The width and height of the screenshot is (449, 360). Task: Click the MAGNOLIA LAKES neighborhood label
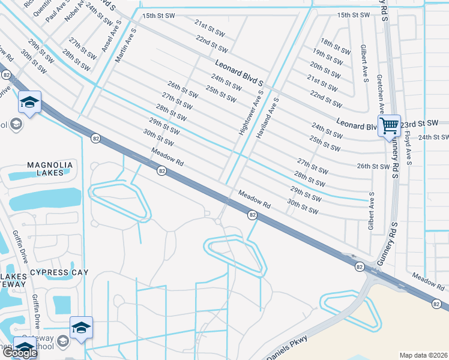click(x=50, y=169)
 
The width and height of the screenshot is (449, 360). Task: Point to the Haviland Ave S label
click(x=268, y=119)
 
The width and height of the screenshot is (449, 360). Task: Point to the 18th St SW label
click(x=335, y=46)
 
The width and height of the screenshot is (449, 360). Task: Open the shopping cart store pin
click(x=389, y=126)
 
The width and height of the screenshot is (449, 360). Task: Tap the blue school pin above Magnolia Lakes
click(x=29, y=103)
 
